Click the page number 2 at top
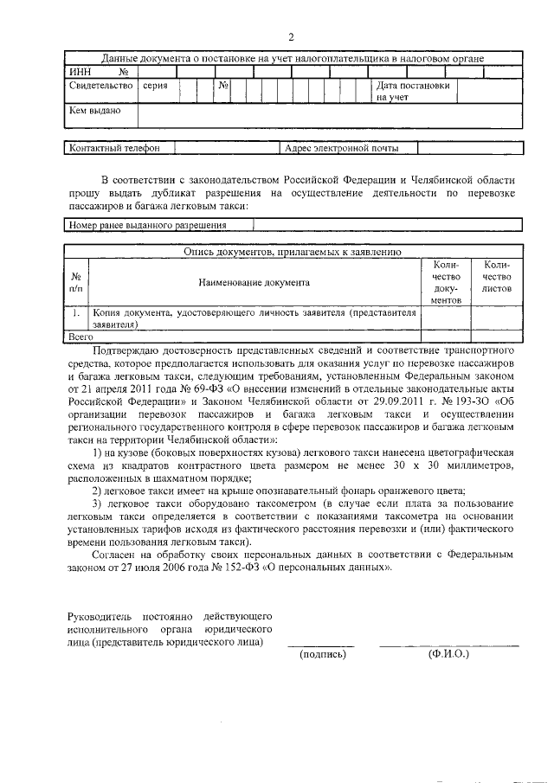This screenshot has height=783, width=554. (292, 36)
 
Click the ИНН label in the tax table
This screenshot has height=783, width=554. (79, 72)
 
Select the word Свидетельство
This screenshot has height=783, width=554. (100, 87)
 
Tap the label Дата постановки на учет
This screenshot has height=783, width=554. (412, 92)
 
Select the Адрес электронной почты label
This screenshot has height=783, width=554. (341, 148)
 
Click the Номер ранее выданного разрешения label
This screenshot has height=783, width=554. (147, 225)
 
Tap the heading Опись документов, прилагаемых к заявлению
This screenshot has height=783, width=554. (292, 252)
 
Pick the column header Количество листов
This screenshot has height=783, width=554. (498, 276)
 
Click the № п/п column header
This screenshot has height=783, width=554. (77, 281)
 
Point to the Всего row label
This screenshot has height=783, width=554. (81, 334)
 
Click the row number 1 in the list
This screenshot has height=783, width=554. (77, 312)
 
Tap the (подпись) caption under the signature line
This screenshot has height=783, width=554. (322, 654)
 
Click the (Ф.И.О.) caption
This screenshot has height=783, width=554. (448, 654)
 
